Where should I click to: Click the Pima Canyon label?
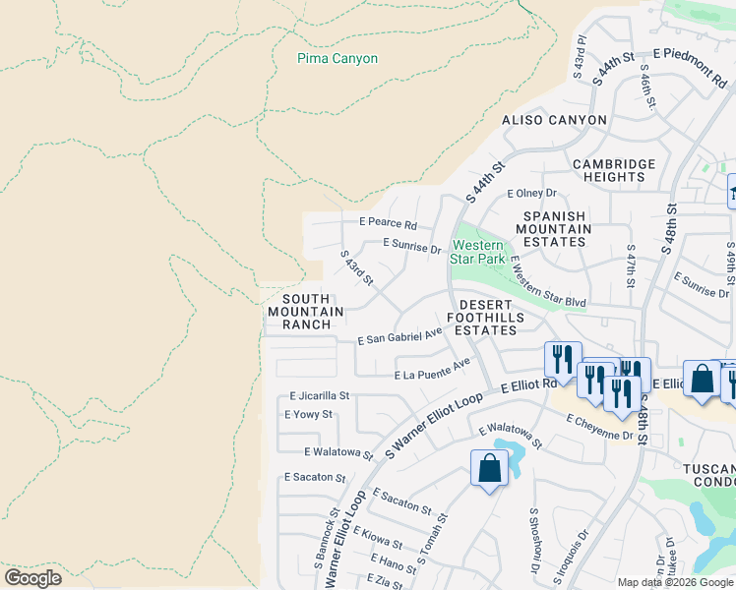point(337,59)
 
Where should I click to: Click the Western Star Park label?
point(478,252)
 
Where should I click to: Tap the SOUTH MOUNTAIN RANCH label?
point(306,312)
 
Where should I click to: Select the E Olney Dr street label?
point(531,194)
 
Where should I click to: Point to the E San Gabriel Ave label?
point(399,337)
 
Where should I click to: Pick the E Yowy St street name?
point(308,415)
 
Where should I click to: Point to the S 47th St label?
point(631,266)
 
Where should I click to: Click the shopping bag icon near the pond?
point(489,469)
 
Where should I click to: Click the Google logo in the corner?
point(32,578)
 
